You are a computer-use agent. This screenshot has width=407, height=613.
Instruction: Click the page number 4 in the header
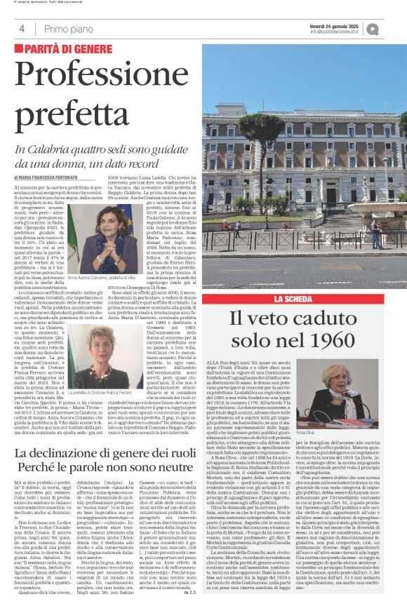click(x=22, y=29)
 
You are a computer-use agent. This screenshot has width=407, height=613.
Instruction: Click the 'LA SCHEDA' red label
click(x=298, y=299)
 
